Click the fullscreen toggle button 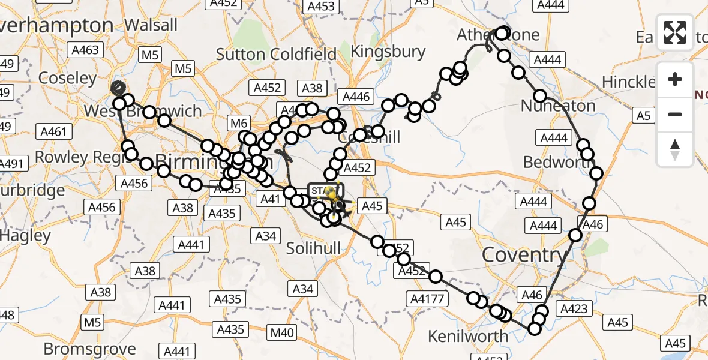[675, 32]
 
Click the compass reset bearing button [675, 149]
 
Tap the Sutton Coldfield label [276, 54]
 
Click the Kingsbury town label [388, 52]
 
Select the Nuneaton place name [558, 106]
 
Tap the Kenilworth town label [469, 336]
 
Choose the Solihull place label [313, 248]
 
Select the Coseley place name [67, 78]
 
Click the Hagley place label [25, 236]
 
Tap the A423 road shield [574, 308]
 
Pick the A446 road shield [356, 96]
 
